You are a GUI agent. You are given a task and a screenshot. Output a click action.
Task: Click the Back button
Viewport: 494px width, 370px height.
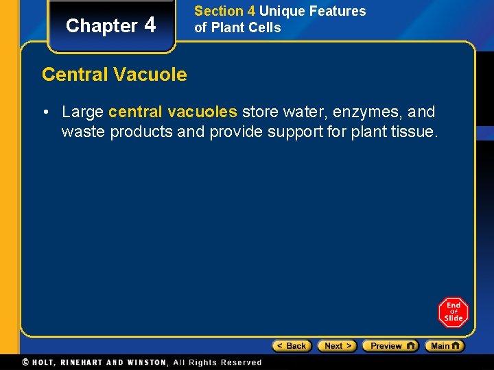(292, 346)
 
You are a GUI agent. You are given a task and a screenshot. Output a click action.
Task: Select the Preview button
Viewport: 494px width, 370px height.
(390, 346)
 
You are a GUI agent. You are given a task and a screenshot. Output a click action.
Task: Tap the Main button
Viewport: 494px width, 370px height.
(444, 346)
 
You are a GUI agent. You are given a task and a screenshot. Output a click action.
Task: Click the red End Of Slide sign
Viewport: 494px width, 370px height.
(453, 312)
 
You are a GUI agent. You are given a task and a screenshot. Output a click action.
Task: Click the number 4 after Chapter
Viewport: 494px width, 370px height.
(150, 25)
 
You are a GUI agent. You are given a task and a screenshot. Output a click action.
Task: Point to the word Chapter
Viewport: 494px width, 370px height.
(102, 26)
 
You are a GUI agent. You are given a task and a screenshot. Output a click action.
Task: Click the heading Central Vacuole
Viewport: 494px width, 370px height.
(114, 74)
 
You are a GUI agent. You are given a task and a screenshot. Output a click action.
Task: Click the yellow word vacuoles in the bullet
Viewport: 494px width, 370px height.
(204, 112)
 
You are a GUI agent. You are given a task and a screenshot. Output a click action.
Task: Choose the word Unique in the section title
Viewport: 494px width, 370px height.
(281, 11)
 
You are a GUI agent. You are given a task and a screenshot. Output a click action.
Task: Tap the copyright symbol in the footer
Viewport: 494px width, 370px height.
(25, 362)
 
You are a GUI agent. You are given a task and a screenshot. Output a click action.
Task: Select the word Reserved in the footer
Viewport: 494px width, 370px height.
(240, 362)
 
